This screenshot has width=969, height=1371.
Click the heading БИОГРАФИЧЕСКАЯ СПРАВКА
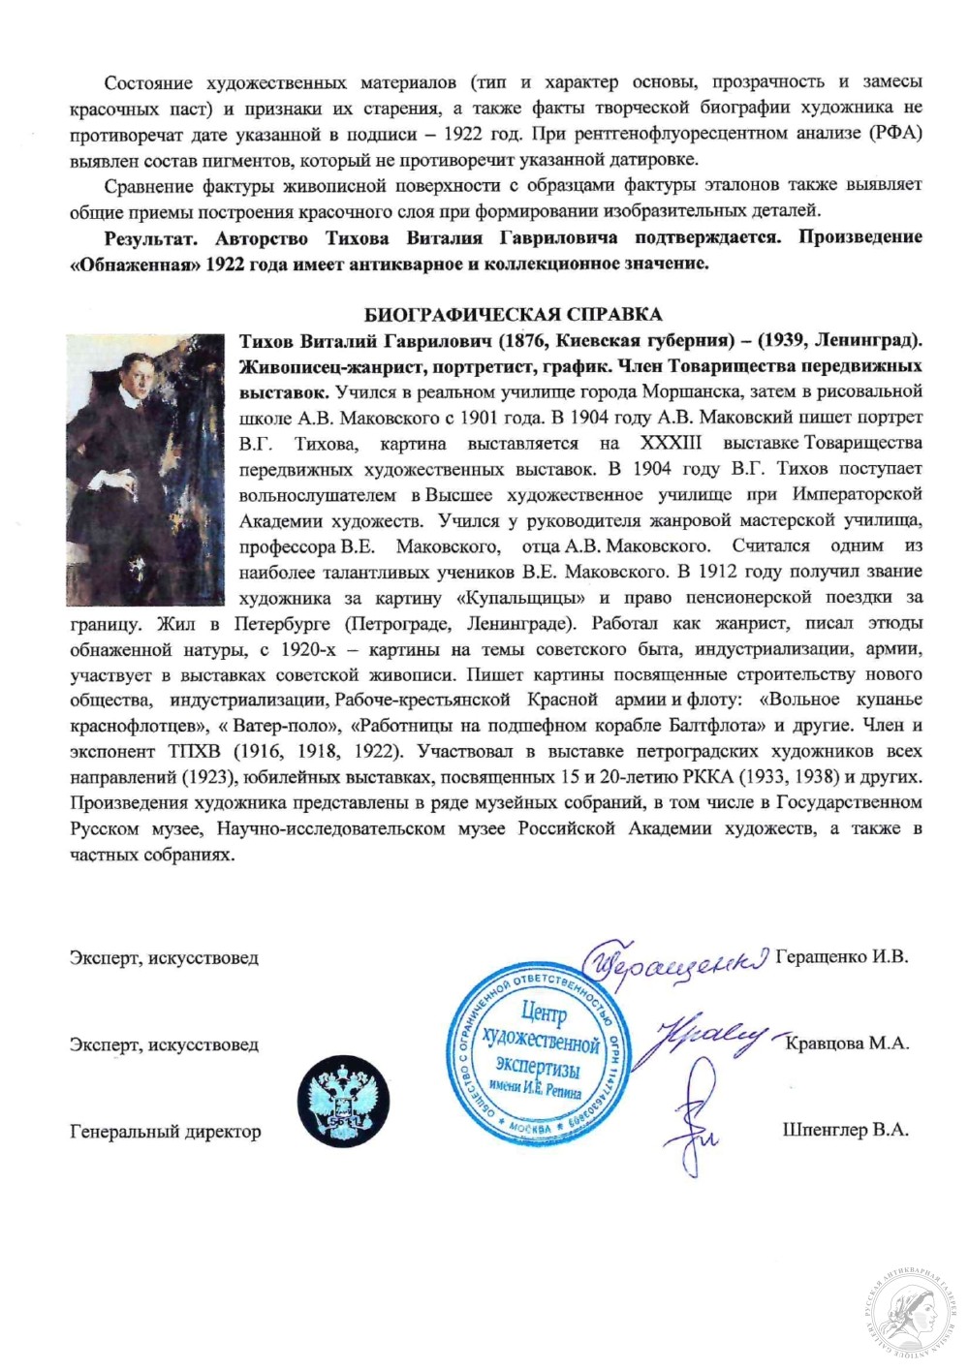(x=513, y=314)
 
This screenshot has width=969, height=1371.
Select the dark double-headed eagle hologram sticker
(x=343, y=1101)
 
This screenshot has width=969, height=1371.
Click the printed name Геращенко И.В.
(x=841, y=956)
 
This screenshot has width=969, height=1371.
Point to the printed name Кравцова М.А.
(x=846, y=1044)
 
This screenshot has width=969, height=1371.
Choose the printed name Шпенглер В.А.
(x=845, y=1130)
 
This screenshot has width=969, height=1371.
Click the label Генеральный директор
(x=165, y=1131)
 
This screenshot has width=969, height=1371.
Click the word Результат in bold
(x=150, y=237)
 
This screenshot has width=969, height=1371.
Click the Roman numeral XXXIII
(x=671, y=443)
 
